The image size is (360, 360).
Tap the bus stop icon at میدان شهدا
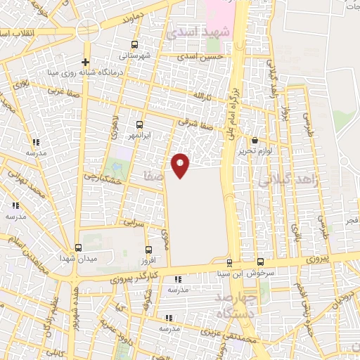point(78,247)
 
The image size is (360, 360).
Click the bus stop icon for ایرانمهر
point(139,124)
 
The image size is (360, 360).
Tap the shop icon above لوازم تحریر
point(254,141)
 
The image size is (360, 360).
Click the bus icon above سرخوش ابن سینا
point(261,262)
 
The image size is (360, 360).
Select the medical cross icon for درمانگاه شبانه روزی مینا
point(85,61)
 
